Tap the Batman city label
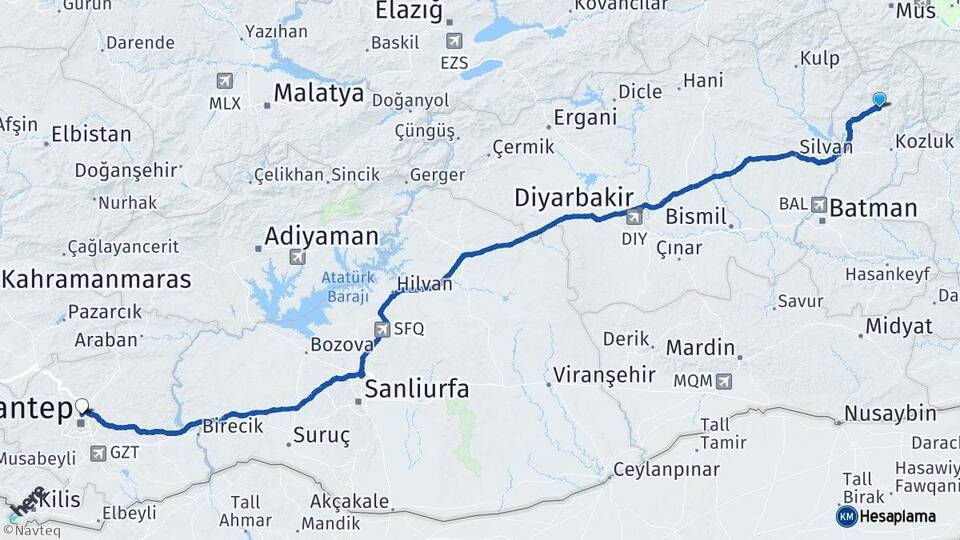click(873, 208)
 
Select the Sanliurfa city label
click(416, 389)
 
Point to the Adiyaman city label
click(321, 237)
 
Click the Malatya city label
click(318, 94)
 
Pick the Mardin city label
click(700, 349)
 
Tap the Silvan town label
click(826, 146)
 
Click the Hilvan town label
click(425, 284)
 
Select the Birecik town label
click(233, 426)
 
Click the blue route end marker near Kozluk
click(879, 99)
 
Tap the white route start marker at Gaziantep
click(82, 407)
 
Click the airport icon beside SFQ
click(382, 328)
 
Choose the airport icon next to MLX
click(223, 81)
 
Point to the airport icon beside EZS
click(455, 41)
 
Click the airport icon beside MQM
click(724, 381)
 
